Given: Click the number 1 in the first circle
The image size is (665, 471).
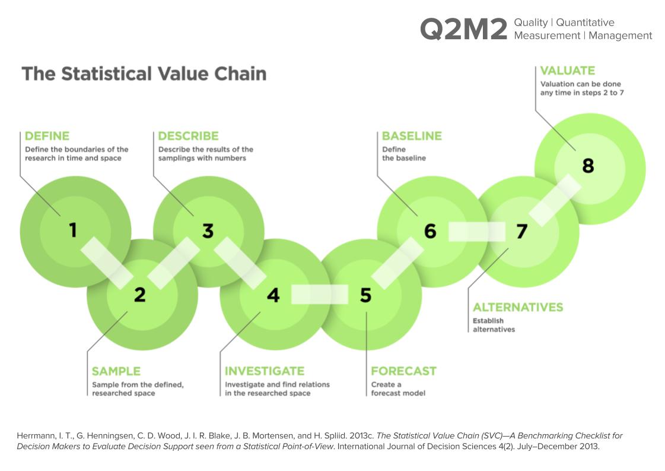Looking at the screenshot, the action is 73,230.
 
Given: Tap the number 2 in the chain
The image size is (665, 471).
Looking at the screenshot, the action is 140,295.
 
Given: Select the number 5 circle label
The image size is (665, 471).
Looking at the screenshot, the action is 365,295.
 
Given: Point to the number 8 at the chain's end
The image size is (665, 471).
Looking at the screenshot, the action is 588,166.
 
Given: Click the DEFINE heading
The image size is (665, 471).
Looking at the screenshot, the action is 47,136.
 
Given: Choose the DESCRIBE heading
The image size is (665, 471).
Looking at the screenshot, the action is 188,136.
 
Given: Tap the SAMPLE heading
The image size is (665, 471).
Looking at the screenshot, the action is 116,371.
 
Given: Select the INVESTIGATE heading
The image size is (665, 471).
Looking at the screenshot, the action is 265,371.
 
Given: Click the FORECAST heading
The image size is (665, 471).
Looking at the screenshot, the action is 404,371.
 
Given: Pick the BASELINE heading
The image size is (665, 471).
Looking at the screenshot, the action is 412,136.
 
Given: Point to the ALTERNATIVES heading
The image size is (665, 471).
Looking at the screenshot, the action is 518,307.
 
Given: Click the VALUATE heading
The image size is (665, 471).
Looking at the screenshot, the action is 568,71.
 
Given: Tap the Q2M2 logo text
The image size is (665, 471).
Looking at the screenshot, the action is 463,29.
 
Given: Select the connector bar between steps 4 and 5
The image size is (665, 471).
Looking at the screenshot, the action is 320,295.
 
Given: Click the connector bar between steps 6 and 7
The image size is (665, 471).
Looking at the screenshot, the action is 477,232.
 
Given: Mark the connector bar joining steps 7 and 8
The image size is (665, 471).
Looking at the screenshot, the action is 555,200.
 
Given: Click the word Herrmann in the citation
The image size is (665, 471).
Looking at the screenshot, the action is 35,436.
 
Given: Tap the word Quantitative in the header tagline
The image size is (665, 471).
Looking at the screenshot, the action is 586,23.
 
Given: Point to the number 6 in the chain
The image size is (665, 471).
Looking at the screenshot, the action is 430,231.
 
